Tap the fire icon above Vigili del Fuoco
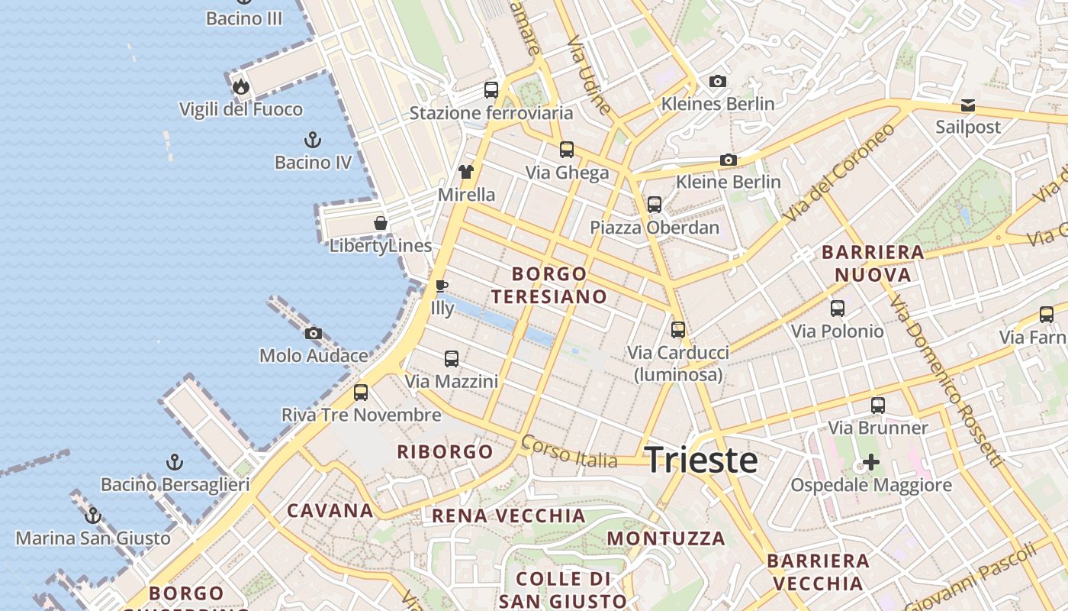[x=241, y=86]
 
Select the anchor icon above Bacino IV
[x=312, y=140]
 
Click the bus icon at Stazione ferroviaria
[x=491, y=90]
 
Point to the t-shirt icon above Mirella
[x=466, y=172]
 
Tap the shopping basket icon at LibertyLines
[x=380, y=223]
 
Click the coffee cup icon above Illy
[x=441, y=286]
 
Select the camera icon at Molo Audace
[x=313, y=333]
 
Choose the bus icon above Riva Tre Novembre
[x=361, y=393]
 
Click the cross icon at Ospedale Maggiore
[x=870, y=462]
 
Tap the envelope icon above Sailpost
[x=967, y=105]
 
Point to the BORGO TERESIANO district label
[x=549, y=285]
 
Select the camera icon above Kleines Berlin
[x=717, y=81]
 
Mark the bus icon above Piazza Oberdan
[x=654, y=205]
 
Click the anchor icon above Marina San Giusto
[x=93, y=516]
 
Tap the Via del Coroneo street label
[x=838, y=173]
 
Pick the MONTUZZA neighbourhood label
[x=666, y=538]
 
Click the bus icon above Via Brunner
[x=878, y=406]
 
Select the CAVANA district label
[x=330, y=511]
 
